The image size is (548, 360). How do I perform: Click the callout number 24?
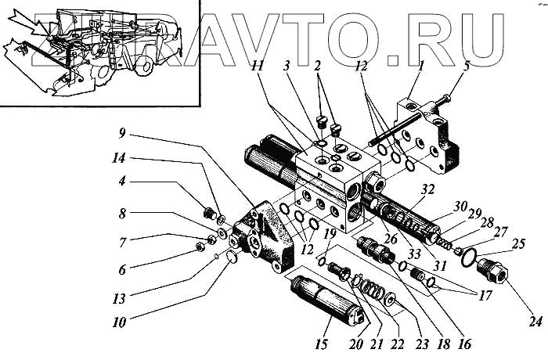[535, 321]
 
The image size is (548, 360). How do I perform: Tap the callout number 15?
[321, 344]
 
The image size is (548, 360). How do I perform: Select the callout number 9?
[121, 133]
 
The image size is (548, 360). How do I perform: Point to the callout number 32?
[427, 189]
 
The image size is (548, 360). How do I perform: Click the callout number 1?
[421, 66]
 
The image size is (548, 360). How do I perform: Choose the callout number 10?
[119, 322]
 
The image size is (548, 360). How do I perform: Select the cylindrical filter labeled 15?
[326, 301]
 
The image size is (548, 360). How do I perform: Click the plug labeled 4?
[209, 213]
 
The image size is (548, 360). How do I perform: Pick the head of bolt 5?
[445, 99]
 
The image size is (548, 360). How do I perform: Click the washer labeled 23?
[389, 300]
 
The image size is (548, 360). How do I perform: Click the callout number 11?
[258, 66]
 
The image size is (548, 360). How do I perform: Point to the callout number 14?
[118, 158]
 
